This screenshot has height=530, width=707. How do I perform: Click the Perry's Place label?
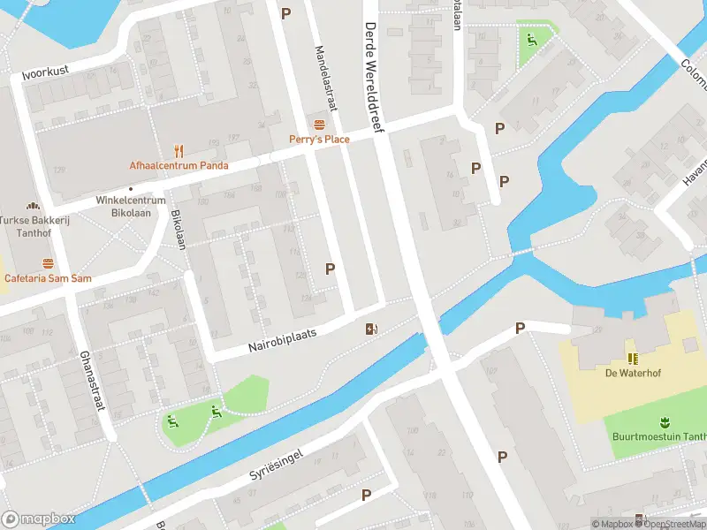click(319, 139)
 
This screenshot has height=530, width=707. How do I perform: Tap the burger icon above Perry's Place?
click(319, 123)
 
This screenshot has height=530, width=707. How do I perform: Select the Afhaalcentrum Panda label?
click(179, 165)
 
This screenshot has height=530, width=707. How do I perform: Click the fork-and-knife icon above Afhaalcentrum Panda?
click(179, 149)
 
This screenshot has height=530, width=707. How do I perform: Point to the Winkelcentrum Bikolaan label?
click(131, 206)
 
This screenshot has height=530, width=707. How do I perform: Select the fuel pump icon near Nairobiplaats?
click(372, 329)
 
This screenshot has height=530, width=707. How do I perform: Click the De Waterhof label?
click(633, 374)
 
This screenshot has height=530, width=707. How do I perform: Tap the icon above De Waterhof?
click(633, 358)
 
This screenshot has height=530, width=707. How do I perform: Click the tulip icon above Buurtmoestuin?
click(662, 421)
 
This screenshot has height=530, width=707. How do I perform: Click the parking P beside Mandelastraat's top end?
click(285, 13)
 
